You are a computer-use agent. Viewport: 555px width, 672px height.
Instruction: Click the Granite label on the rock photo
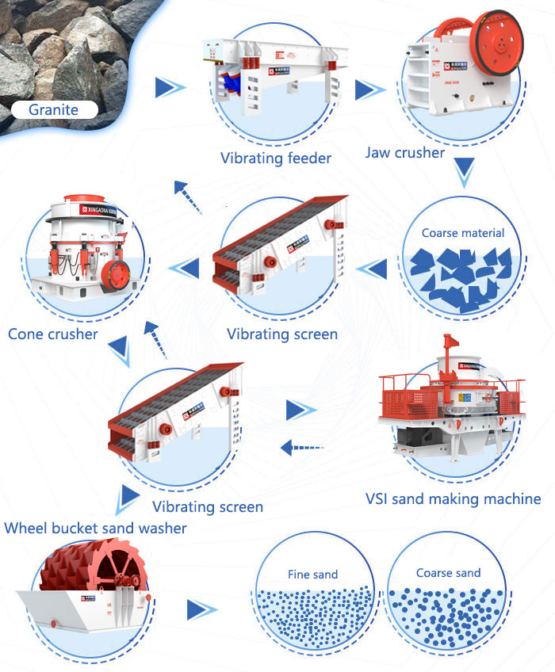pyautogui.click(x=53, y=109)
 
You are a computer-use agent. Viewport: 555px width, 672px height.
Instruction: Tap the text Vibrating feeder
pyautogui.click(x=276, y=158)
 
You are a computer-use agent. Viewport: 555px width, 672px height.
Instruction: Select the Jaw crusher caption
pyautogui.click(x=404, y=151)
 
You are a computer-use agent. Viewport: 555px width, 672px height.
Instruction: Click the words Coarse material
pyautogui.click(x=463, y=232)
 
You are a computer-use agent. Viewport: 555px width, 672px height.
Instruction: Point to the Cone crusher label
pyautogui.click(x=53, y=334)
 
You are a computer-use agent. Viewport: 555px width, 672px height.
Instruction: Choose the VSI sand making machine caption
pyautogui.click(x=453, y=498)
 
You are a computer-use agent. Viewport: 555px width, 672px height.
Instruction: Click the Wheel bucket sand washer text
pyautogui.click(x=95, y=527)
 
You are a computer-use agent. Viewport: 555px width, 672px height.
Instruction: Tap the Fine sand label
pyautogui.click(x=312, y=574)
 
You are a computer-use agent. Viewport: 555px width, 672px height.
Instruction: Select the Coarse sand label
pyautogui.click(x=448, y=572)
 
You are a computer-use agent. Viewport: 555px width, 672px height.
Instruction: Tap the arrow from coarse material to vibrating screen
pyautogui.click(x=371, y=269)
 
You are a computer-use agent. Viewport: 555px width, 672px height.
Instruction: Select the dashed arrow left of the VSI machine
pyautogui.click(x=301, y=448)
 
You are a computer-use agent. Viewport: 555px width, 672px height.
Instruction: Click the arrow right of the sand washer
pyautogui.click(x=201, y=609)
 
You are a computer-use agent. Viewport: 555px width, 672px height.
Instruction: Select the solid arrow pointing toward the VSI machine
pyautogui.click(x=300, y=410)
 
